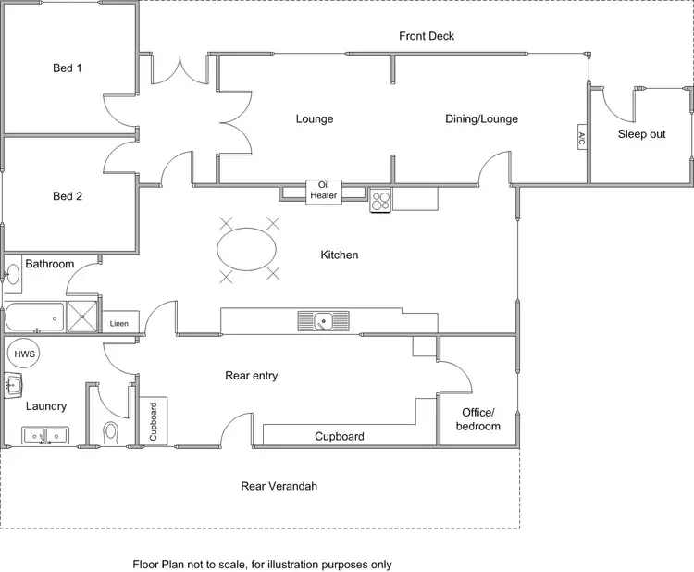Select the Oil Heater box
(324, 190)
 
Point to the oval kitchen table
(246, 248)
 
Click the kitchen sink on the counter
(323, 321)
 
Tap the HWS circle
(20, 354)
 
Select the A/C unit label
(581, 138)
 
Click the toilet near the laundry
(111, 432)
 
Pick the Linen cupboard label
(119, 324)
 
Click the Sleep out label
(641, 134)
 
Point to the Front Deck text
(427, 37)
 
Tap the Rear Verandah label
(279, 486)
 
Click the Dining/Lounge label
(481, 118)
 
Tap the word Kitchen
(339, 255)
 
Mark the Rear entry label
(252, 376)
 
